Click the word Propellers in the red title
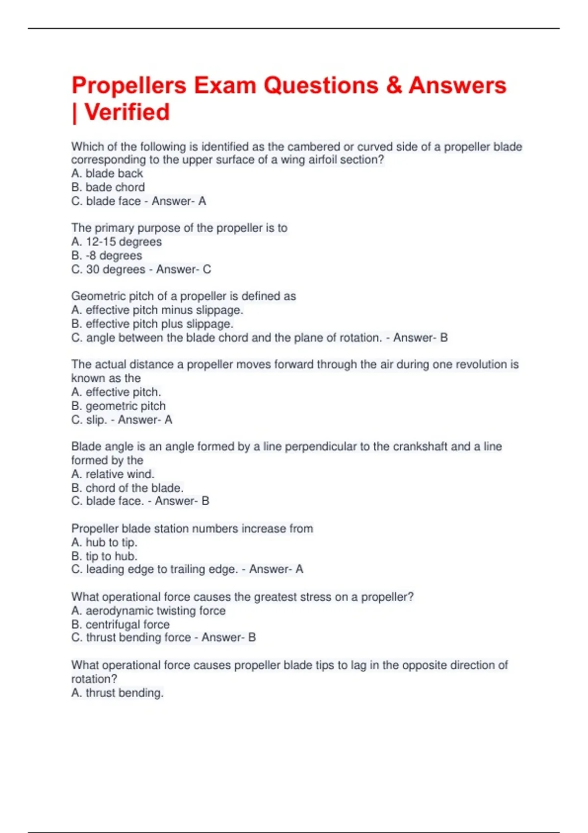[x=129, y=86]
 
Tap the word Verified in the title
[x=127, y=112]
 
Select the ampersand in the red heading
[x=394, y=86]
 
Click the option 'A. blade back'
[x=107, y=173]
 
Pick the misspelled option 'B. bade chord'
[x=108, y=187]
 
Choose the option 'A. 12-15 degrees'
[x=116, y=242]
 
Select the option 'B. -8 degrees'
[x=106, y=255]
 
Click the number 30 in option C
[x=93, y=269]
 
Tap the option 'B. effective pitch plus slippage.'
[x=152, y=324]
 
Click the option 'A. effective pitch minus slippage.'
[x=157, y=310]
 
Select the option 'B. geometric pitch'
[x=118, y=406]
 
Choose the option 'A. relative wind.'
[x=113, y=474]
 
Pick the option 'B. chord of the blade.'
[x=127, y=488]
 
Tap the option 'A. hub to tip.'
[x=104, y=542]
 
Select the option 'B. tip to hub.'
[x=104, y=556]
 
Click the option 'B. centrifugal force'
[x=120, y=624]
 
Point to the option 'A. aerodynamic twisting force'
[x=148, y=611]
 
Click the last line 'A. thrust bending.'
[x=117, y=693]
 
